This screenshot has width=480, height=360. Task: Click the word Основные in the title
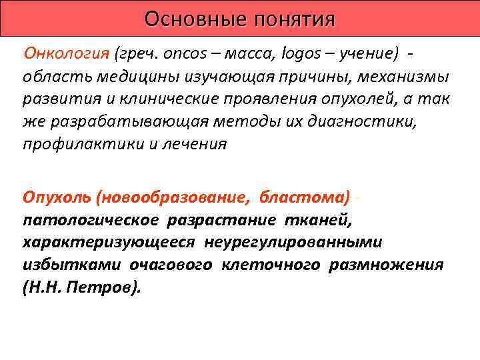(187, 18)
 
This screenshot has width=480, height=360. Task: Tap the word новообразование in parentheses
(171, 197)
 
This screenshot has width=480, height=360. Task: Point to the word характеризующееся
(109, 242)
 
